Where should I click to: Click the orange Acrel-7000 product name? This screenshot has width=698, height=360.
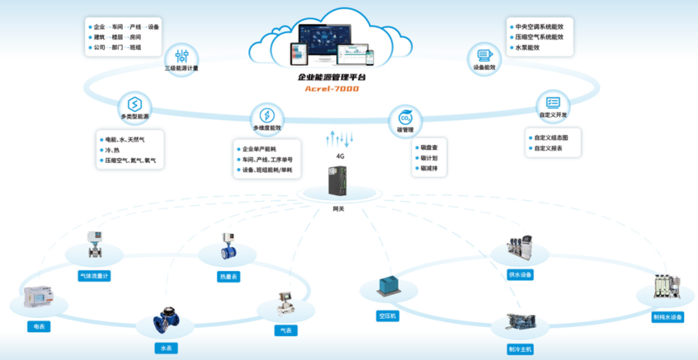click(332, 89)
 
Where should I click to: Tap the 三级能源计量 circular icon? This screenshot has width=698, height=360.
click(182, 56)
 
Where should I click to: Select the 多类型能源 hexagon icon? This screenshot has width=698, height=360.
click(134, 105)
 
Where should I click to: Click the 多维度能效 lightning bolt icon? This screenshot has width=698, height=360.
click(267, 116)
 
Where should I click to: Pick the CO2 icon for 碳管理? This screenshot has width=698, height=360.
click(405, 118)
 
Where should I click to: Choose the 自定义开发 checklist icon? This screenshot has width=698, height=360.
click(553, 102)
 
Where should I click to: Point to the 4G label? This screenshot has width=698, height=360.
click(340, 156)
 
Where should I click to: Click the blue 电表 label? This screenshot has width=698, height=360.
click(39, 326)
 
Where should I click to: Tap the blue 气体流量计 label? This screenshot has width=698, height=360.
click(94, 276)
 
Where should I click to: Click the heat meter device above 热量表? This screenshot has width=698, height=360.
click(228, 246)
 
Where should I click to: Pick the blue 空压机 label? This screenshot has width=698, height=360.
click(387, 317)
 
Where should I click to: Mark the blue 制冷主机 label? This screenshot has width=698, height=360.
click(520, 348)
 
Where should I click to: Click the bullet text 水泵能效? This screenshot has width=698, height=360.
click(527, 47)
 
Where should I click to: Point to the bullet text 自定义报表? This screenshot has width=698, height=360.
click(548, 148)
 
